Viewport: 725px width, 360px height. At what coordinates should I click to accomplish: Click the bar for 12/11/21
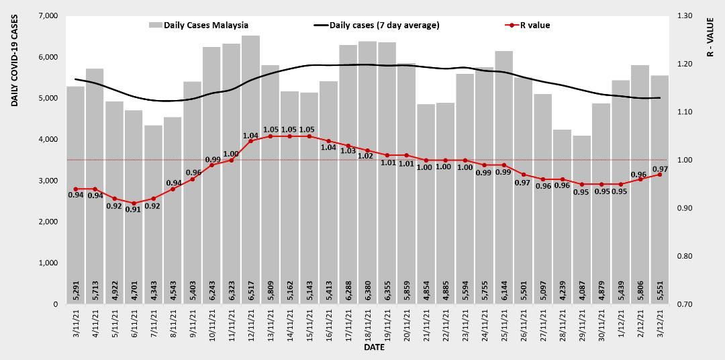[250, 168]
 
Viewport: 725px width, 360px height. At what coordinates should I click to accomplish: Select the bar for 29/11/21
[582, 222]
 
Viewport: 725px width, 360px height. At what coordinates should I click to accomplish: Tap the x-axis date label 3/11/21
[76, 326]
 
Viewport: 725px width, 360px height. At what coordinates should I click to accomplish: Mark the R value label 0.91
[134, 210]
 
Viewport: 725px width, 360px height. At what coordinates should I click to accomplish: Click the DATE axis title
[374, 349]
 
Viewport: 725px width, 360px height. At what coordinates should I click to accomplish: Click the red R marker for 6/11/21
[134, 203]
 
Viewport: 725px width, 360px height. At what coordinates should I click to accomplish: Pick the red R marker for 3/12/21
[660, 175]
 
